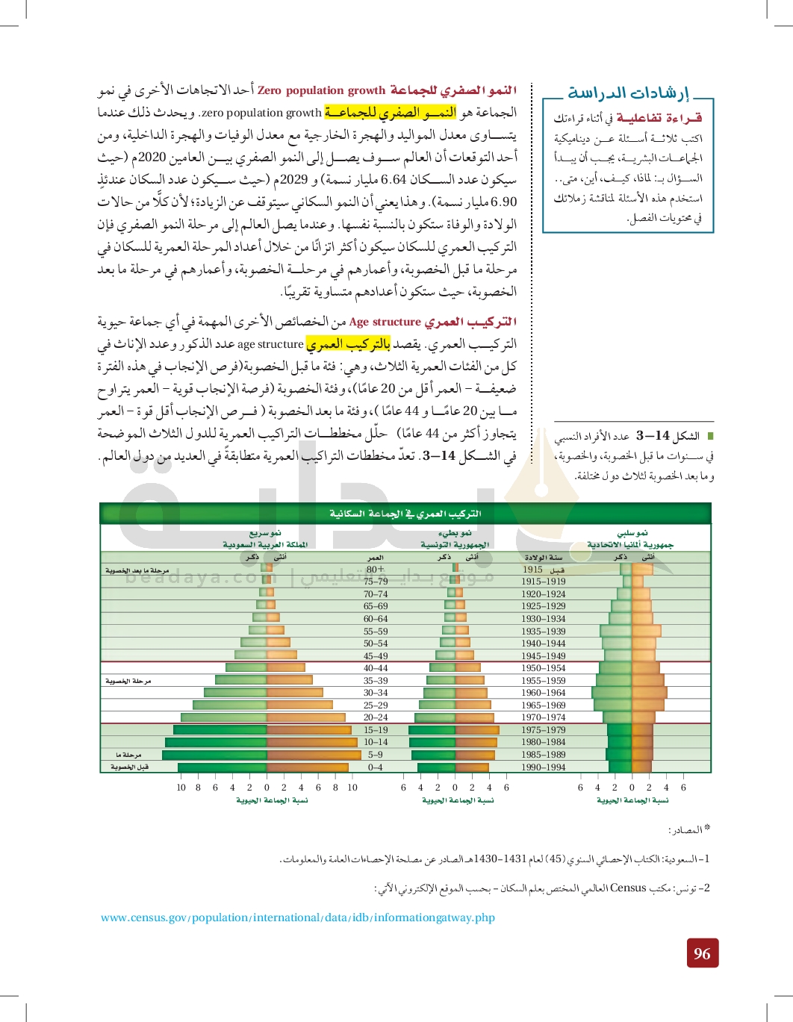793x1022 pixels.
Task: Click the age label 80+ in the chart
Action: tap(375, 569)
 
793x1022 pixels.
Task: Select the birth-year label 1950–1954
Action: tap(543, 668)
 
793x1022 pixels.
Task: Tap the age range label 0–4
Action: tap(375, 767)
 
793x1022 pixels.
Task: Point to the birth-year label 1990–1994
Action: tap(543, 767)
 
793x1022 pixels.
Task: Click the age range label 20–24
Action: tap(375, 717)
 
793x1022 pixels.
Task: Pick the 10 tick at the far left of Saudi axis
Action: tap(181, 787)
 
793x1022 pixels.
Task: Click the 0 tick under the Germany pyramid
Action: tap(632, 787)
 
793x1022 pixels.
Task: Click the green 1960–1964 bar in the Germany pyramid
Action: tap(612, 693)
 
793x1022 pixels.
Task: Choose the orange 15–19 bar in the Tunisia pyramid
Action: tap(476, 730)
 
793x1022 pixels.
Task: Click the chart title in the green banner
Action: tap(405, 514)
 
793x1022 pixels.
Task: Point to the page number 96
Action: tap(702, 953)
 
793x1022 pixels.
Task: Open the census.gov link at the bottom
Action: tap(298, 917)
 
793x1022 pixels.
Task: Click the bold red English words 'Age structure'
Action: tap(385, 322)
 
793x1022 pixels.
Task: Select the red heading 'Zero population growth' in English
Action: tap(321, 90)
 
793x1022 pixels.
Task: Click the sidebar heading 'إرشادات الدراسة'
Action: tap(628, 93)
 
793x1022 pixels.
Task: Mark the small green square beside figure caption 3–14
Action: tap(710, 435)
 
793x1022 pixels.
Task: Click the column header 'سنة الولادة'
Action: tap(543, 557)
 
